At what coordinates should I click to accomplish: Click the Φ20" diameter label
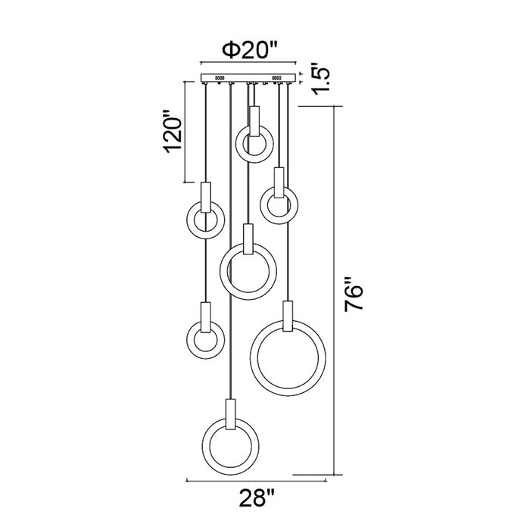249,50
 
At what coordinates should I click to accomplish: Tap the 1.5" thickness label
320,79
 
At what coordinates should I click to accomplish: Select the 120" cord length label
173,130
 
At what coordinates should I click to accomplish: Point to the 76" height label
354,294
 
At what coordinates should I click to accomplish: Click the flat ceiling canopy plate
248,78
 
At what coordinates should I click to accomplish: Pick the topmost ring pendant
254,145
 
